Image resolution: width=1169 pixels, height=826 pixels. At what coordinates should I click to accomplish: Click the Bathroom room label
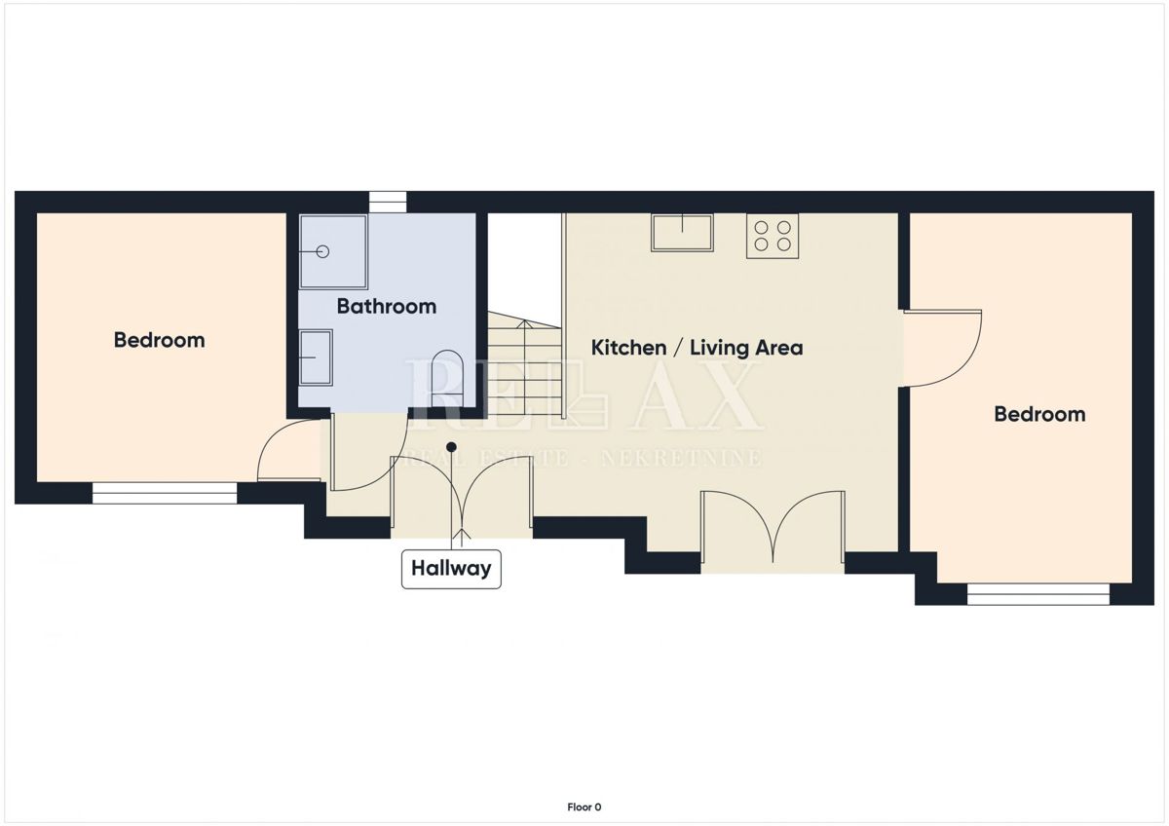(386, 306)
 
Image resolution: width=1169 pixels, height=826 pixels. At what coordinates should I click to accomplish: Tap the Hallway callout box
(451, 569)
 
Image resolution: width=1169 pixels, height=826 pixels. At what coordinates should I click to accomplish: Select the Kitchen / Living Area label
(697, 348)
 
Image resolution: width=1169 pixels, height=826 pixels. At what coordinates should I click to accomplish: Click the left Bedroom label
(159, 340)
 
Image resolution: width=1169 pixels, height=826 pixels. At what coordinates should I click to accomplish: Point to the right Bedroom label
(1039, 414)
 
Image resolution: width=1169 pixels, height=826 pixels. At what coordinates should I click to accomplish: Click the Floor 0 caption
(584, 807)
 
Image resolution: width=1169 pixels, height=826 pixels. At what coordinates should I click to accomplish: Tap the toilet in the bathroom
(448, 378)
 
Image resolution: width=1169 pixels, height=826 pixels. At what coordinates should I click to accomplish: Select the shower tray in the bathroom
(333, 251)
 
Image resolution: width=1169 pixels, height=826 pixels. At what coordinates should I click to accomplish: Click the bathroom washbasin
(317, 357)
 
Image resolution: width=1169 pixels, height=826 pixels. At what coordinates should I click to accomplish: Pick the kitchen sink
(682, 233)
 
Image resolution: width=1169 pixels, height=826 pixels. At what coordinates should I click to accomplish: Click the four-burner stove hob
(773, 236)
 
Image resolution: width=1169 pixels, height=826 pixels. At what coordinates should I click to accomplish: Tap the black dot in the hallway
(452, 447)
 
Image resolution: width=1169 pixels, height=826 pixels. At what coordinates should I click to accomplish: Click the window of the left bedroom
(165, 493)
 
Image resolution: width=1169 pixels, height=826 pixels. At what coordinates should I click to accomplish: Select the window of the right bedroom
(1038, 594)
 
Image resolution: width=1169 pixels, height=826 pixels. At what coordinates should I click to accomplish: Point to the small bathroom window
(388, 202)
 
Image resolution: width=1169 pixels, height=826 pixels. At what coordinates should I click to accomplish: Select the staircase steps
(524, 365)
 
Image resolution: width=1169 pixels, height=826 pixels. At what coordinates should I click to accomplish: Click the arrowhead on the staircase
(524, 324)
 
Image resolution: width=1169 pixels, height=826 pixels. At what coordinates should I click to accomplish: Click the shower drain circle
(323, 251)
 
